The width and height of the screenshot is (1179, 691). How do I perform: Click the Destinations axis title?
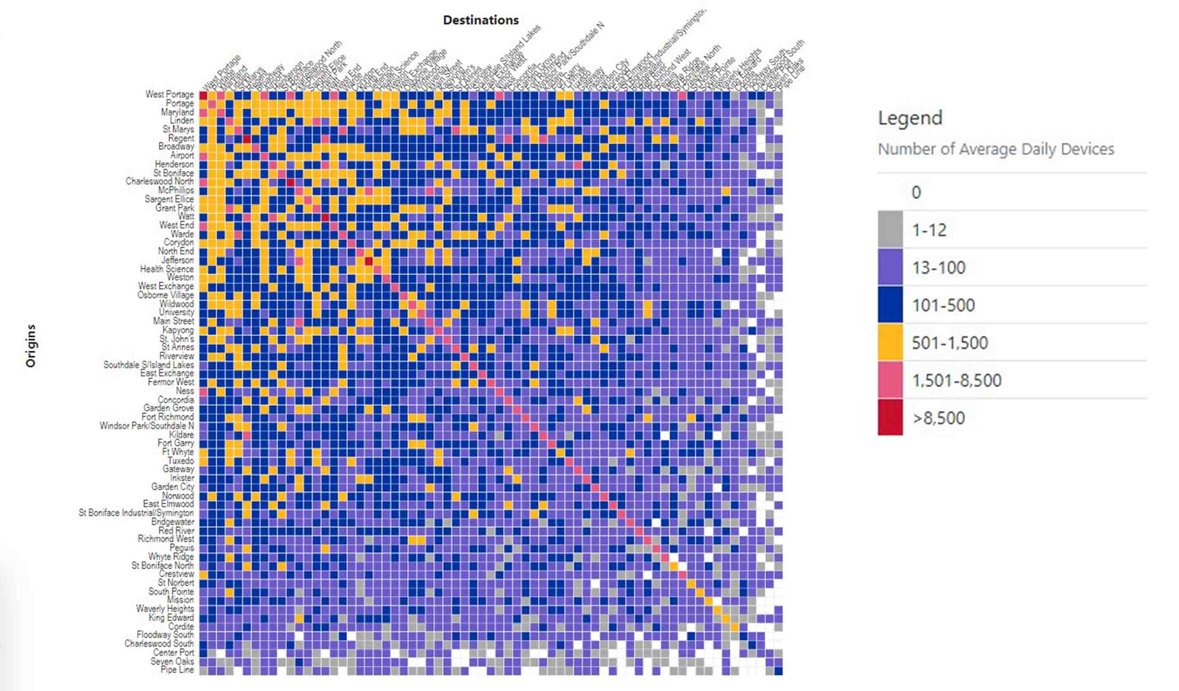[480, 20]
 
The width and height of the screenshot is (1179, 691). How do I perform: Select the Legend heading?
[910, 118]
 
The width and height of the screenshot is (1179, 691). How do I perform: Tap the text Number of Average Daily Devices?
[995, 149]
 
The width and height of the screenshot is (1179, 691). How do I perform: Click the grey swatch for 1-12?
[890, 229]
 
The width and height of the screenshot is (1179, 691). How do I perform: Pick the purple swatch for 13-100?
[890, 267]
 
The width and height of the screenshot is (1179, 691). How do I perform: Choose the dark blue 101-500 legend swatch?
[890, 305]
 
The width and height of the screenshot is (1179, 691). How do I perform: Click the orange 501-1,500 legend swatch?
[890, 342]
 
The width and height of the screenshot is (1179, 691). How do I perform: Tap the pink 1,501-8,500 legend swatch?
[890, 380]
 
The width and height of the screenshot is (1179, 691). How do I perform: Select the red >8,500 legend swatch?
[890, 417]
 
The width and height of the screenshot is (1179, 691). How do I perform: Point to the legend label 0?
[915, 193]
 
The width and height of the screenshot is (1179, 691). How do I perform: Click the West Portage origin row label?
[169, 94]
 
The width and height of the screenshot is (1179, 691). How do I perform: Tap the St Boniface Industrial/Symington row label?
[136, 513]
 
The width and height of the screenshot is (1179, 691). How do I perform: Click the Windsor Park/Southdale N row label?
[147, 426]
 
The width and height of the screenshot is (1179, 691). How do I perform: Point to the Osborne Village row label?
[165, 295]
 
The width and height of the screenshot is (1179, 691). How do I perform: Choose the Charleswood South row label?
[159, 643]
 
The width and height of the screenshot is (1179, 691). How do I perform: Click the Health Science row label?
[167, 269]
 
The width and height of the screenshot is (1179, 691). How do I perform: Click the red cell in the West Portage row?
[203, 95]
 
